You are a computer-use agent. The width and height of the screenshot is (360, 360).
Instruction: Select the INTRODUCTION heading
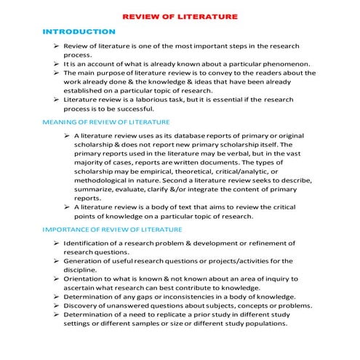coord(79,32)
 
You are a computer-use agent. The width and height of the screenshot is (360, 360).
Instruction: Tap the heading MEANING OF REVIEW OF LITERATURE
coord(106,122)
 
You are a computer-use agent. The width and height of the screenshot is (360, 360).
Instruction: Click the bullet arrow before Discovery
coord(55,305)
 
